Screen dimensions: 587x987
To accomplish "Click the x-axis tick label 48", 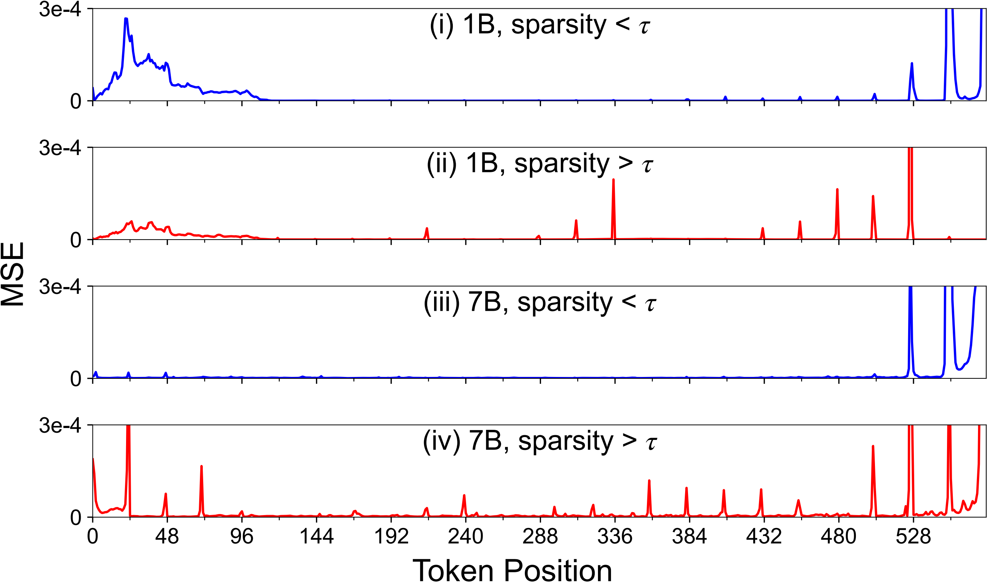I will (167, 537).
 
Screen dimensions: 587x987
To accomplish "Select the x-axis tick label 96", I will (242, 537).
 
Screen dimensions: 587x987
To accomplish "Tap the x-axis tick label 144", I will (317, 537).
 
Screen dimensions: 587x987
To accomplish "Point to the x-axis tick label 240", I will (465, 537).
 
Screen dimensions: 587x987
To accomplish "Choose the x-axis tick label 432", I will (764, 537).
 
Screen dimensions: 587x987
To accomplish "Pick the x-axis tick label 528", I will (913, 537).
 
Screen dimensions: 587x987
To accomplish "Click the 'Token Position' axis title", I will (512, 571).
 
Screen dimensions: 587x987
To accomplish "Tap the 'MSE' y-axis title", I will (13, 274).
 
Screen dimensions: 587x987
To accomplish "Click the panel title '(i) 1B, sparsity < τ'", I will (540, 25).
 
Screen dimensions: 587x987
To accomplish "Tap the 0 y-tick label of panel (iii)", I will (76, 379).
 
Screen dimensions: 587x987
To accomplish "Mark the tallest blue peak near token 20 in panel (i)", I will (126, 19).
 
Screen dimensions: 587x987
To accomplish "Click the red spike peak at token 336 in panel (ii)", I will (613, 179).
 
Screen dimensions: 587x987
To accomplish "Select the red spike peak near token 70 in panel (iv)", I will (201, 467).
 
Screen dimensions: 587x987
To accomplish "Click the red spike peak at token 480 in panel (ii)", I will (837, 190).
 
